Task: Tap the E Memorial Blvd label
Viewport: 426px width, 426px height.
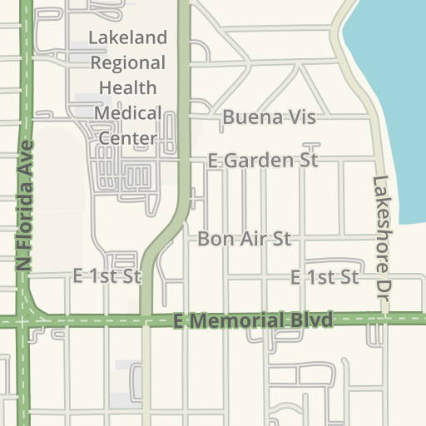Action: pos(253,320)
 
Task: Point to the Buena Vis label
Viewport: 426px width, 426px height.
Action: pos(269,118)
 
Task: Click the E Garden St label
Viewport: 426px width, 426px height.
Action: pos(262,161)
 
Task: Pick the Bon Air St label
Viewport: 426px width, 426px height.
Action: pos(244,240)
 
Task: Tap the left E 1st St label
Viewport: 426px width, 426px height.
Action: pos(107,276)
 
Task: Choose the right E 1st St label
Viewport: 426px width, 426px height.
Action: pos(325,277)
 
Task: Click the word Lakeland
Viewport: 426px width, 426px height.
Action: pos(127,37)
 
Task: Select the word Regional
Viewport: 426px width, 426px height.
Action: pos(127,62)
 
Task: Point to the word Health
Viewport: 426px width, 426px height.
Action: pos(127,87)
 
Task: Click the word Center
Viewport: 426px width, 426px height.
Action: pos(127,137)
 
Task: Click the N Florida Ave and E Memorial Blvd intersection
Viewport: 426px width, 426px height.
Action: pos(25,319)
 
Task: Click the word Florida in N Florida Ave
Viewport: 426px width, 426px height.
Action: pos(25,202)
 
